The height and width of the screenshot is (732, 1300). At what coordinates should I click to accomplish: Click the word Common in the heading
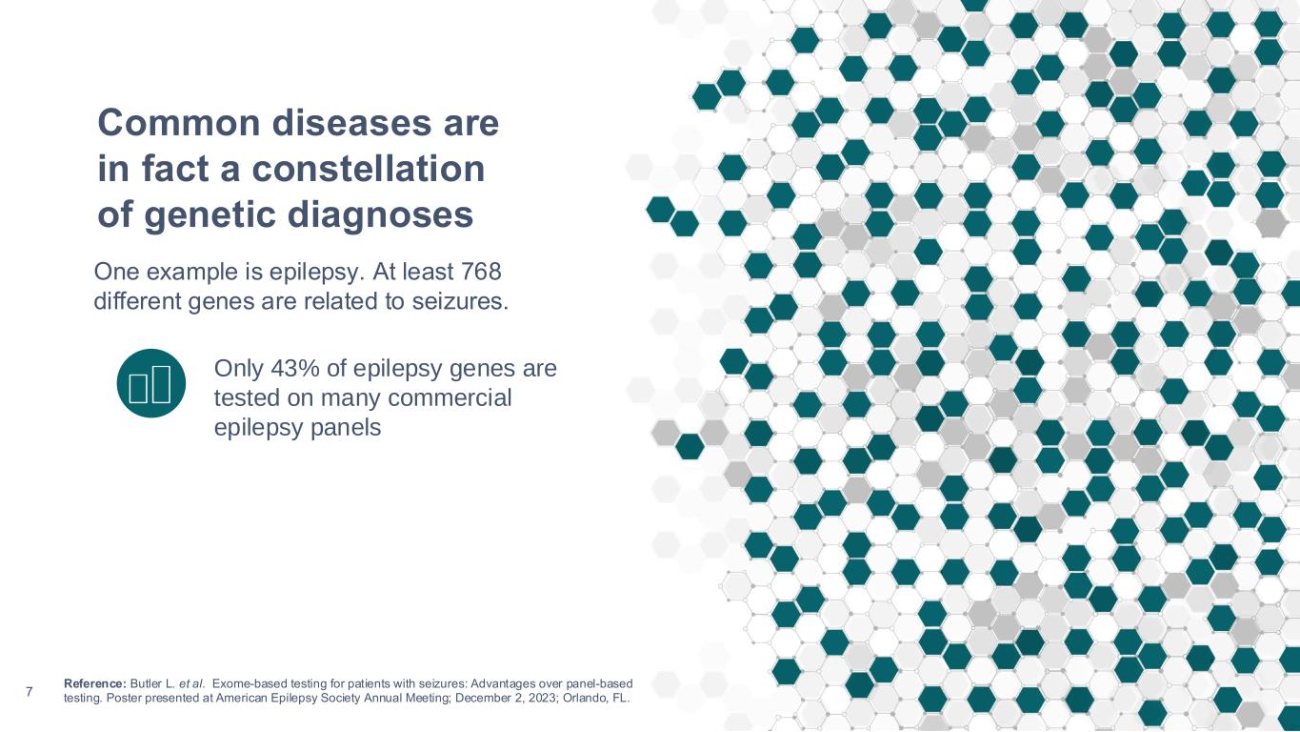tap(179, 123)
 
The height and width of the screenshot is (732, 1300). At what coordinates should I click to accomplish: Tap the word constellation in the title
tap(368, 169)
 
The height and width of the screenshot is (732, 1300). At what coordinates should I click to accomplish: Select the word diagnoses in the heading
tap(380, 215)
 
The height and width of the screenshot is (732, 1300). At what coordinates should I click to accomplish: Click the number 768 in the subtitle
tap(481, 272)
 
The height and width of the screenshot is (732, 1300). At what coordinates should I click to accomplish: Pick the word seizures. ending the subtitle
tap(460, 301)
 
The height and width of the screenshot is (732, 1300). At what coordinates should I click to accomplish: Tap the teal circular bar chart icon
tap(150, 383)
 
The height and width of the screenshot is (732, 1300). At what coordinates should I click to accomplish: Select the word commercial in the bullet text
tap(450, 398)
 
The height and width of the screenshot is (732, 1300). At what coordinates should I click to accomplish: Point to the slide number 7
tap(29, 691)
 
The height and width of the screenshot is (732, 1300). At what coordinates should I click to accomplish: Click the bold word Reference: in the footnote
tap(94, 683)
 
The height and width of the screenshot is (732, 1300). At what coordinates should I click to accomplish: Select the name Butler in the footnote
tap(145, 683)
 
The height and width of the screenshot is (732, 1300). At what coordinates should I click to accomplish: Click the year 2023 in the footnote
tap(542, 698)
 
